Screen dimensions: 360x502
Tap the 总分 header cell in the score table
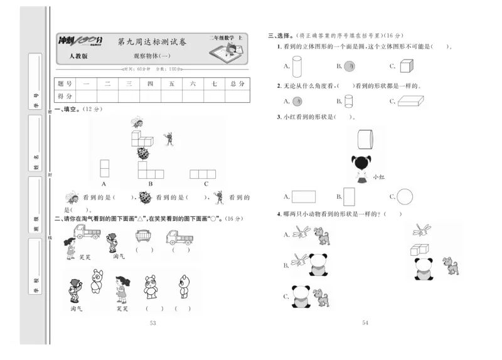[237, 83]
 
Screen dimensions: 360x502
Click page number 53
[152, 323]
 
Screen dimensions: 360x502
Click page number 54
[366, 323]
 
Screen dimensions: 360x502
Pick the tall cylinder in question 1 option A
[297, 65]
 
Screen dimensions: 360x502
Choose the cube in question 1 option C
[406, 65]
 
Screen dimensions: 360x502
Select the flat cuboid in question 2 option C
[411, 101]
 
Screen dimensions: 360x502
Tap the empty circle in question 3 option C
[405, 197]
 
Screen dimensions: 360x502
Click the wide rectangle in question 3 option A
[304, 197]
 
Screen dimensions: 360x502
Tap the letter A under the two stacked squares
[104, 184]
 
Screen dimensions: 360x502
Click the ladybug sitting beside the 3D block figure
[143, 152]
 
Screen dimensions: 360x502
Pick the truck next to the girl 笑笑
[87, 233]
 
